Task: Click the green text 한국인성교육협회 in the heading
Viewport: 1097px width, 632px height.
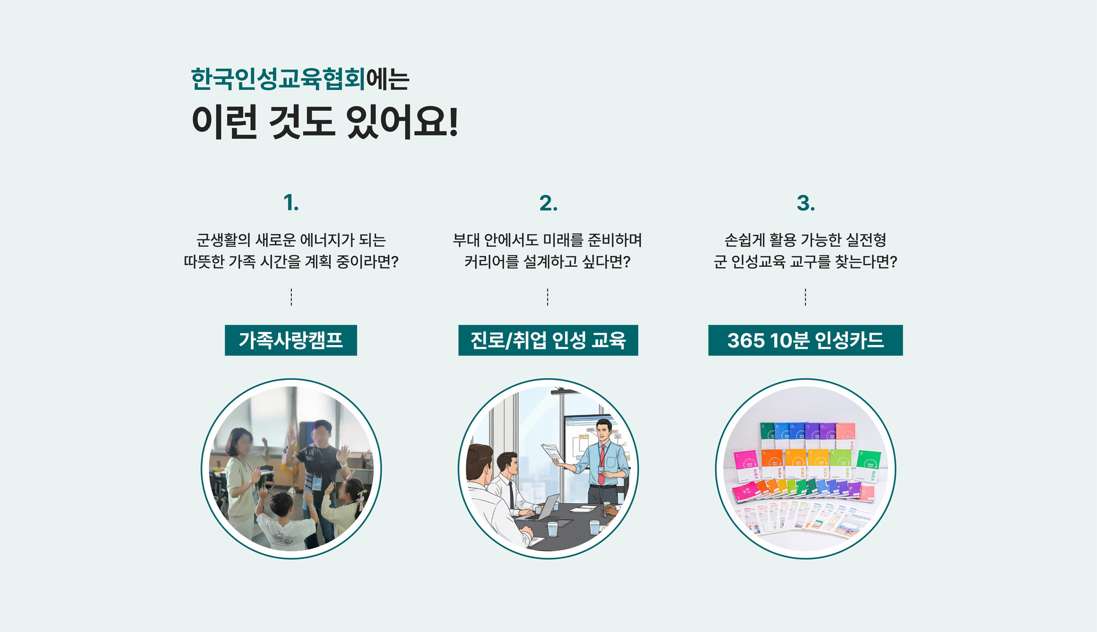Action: tap(278, 78)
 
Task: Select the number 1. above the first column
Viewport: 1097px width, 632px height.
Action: tap(291, 203)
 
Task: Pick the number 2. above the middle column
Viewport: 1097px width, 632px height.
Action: tap(548, 203)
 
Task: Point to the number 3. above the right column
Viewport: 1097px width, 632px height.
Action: tap(806, 203)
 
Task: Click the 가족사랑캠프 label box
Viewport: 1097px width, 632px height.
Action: tap(291, 340)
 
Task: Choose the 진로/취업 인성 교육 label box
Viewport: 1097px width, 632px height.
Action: tap(548, 340)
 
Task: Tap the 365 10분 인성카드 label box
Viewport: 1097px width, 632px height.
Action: tap(806, 340)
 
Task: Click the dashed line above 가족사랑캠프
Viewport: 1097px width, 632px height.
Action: tap(291, 297)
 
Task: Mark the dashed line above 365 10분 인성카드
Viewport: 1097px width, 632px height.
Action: tap(806, 297)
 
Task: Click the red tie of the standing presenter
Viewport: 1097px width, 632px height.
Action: tap(602, 457)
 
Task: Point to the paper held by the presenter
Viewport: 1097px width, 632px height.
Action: tap(552, 453)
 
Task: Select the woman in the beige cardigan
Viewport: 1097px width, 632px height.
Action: tap(243, 480)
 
